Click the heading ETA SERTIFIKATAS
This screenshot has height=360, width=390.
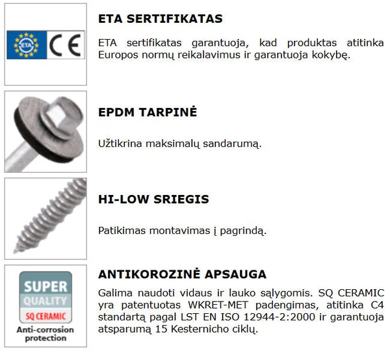[x=161, y=18]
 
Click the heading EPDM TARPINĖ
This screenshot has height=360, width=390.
[x=148, y=112]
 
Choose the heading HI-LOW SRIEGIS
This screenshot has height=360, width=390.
[x=153, y=199]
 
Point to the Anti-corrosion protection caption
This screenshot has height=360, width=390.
[x=45, y=334]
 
